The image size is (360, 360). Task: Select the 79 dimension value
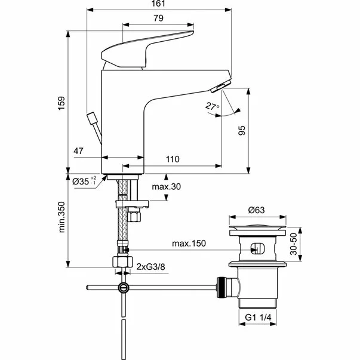click(x=158, y=19)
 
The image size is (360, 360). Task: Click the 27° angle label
click(x=211, y=107)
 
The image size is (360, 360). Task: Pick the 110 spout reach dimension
click(x=172, y=159)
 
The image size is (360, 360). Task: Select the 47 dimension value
click(x=78, y=152)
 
